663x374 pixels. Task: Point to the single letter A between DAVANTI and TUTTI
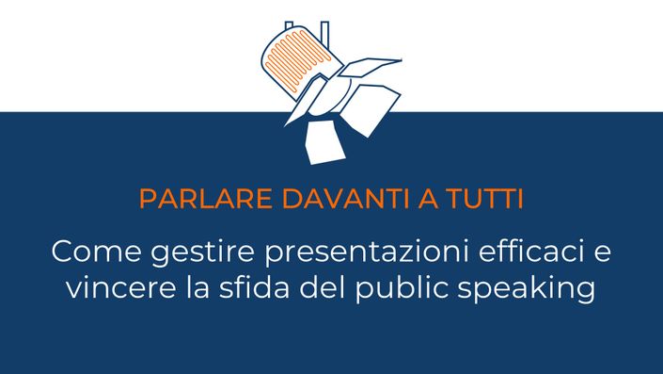(x=428, y=199)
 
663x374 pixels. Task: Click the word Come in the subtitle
(x=97, y=252)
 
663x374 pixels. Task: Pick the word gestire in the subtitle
(x=202, y=253)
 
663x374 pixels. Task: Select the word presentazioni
(x=367, y=253)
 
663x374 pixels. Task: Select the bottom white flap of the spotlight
(x=324, y=142)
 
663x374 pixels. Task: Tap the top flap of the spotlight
(x=369, y=67)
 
